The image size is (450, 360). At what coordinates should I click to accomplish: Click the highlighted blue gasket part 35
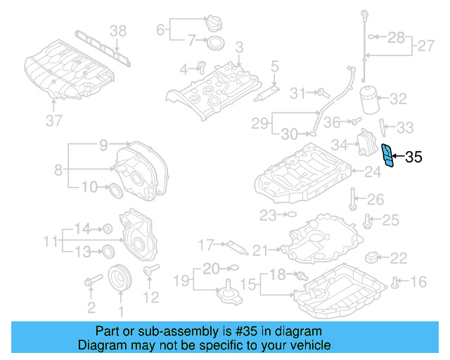(x=387, y=157)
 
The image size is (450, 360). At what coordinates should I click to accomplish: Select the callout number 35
(x=414, y=157)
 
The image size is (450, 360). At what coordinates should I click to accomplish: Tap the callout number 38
(x=119, y=30)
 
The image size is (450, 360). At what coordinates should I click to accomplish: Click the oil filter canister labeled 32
(x=370, y=99)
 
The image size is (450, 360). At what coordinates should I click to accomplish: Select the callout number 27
(x=425, y=46)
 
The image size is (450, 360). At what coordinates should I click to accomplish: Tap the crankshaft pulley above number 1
(x=120, y=278)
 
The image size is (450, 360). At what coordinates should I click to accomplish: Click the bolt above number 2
(x=90, y=283)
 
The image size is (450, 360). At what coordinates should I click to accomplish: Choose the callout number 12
(x=152, y=298)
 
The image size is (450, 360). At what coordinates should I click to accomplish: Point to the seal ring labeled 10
(x=113, y=188)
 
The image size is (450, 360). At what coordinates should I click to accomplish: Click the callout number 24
(x=373, y=171)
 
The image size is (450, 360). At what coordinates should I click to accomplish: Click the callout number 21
(x=260, y=250)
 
